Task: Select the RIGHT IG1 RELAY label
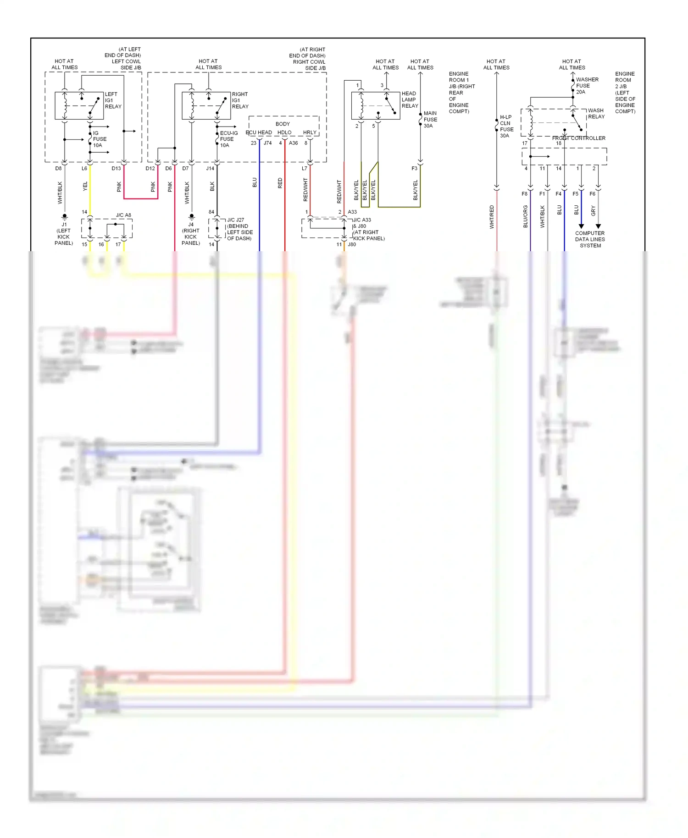coord(240,100)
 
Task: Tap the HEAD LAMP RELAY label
coord(410,99)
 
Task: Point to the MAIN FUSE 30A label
coord(430,119)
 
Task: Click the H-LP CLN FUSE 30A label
coord(506,126)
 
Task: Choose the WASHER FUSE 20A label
coord(587,86)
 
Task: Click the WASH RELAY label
coord(596,113)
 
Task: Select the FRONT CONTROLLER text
coord(578,138)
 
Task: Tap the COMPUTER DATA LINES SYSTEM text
coord(590,239)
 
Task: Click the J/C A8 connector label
coord(123,215)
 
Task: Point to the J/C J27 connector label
coord(235,220)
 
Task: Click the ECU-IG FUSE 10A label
coord(228,139)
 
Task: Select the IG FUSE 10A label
coord(100,139)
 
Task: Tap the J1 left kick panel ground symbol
coord(65,216)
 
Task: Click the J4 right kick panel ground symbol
coord(192,216)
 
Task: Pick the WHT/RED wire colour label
coord(492,217)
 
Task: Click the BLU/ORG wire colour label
coord(526,216)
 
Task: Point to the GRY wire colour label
coord(593,211)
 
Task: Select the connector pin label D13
coord(116,168)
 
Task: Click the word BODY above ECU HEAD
coord(283,124)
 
